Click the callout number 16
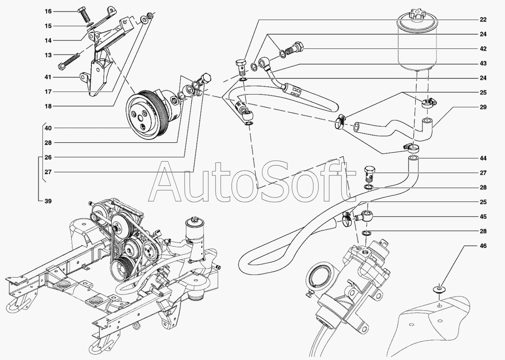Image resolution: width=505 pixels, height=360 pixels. [x=48, y=11]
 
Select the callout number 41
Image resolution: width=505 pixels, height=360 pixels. [x=48, y=77]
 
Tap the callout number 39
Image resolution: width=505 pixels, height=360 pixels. [x=48, y=201]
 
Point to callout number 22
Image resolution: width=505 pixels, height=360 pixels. [x=483, y=19]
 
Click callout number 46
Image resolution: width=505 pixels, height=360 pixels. [x=483, y=246]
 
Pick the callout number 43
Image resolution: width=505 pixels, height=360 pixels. [x=483, y=63]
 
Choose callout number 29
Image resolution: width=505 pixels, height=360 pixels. [x=483, y=107]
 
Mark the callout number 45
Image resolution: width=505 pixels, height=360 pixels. [x=483, y=216]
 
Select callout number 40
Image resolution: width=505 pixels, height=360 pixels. [x=48, y=128]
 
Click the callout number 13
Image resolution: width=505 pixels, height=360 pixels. [x=48, y=55]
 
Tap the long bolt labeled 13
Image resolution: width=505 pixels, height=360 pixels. [x=69, y=61]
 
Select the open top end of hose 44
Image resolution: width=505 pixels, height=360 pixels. [x=413, y=159]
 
